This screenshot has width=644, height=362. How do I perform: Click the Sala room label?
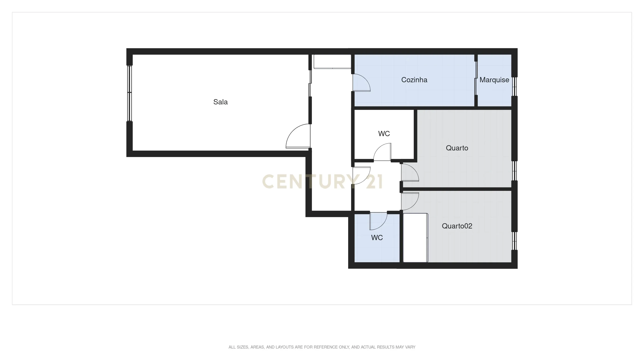[220, 102]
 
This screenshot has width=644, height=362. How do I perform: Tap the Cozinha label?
[414, 80]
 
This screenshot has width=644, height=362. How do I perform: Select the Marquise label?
[494, 80]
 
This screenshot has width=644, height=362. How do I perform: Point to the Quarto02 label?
[457, 226]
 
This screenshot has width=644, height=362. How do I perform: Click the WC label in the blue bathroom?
[377, 238]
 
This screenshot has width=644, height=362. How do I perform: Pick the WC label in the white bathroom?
[384, 134]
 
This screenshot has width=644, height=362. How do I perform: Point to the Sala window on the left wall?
[129, 93]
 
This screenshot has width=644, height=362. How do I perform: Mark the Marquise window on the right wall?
[514, 86]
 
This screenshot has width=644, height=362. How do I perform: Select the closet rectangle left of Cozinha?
[332, 62]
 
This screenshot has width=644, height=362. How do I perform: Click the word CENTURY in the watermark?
[310, 182]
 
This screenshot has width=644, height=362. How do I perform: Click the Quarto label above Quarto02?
[457, 148]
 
